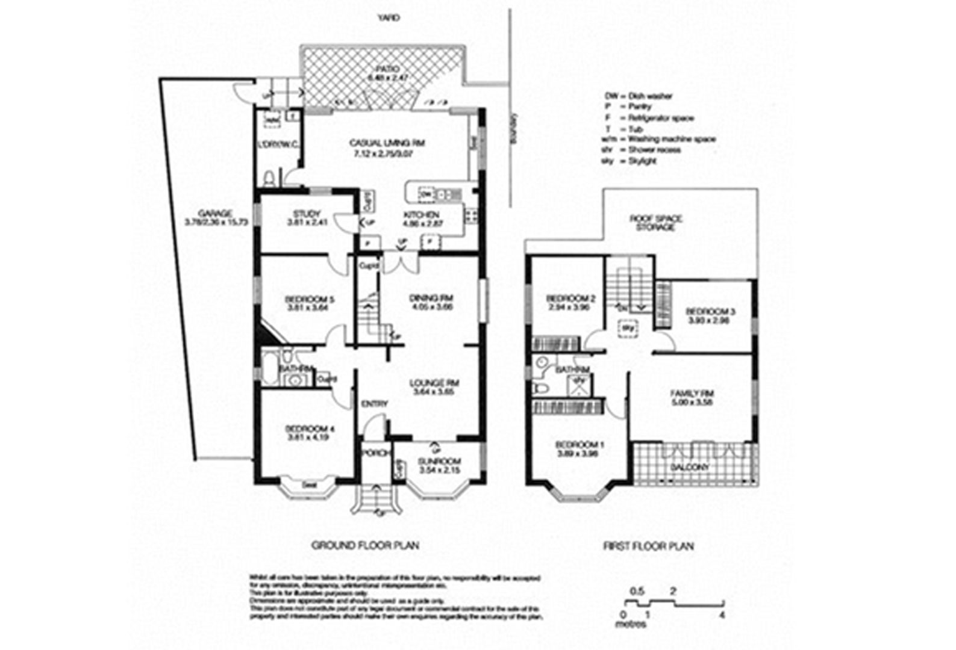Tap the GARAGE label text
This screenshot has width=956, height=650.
tap(215, 213)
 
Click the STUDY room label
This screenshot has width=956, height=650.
tap(307, 214)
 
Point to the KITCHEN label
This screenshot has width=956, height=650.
tap(421, 215)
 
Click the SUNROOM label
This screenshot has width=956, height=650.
tap(440, 462)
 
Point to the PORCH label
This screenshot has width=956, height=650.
tap(375, 453)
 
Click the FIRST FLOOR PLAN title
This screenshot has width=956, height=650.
tap(648, 546)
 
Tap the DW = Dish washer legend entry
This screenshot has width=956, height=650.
tap(639, 96)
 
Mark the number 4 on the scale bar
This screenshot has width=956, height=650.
tap(722, 615)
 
